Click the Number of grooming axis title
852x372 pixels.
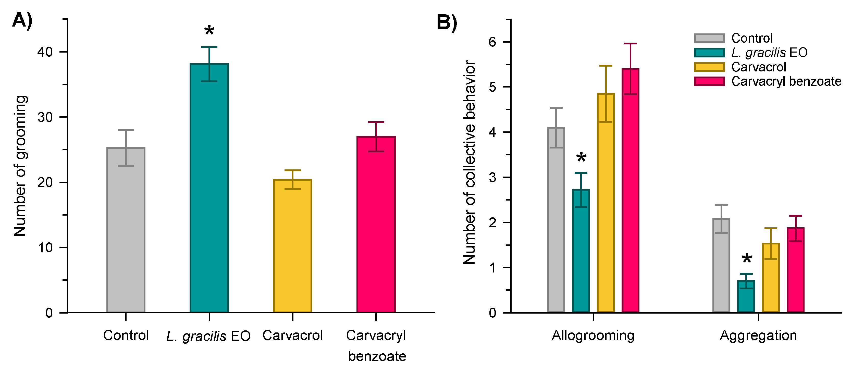pyautogui.click(x=20, y=166)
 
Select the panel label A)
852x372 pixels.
pyautogui.click(x=22, y=20)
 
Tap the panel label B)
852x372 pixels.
pyautogui.click(x=447, y=22)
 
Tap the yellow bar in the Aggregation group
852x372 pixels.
pyautogui.click(x=771, y=278)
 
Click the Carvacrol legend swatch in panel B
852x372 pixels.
pyautogui.click(x=709, y=67)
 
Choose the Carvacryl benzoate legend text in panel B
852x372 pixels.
pyautogui.click(x=786, y=81)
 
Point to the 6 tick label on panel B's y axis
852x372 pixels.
pyautogui.click(x=492, y=42)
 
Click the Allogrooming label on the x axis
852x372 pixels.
pyautogui.click(x=593, y=335)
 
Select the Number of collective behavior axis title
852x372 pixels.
pyautogui.click(x=469, y=162)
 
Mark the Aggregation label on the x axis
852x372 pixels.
pyautogui.click(x=758, y=335)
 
